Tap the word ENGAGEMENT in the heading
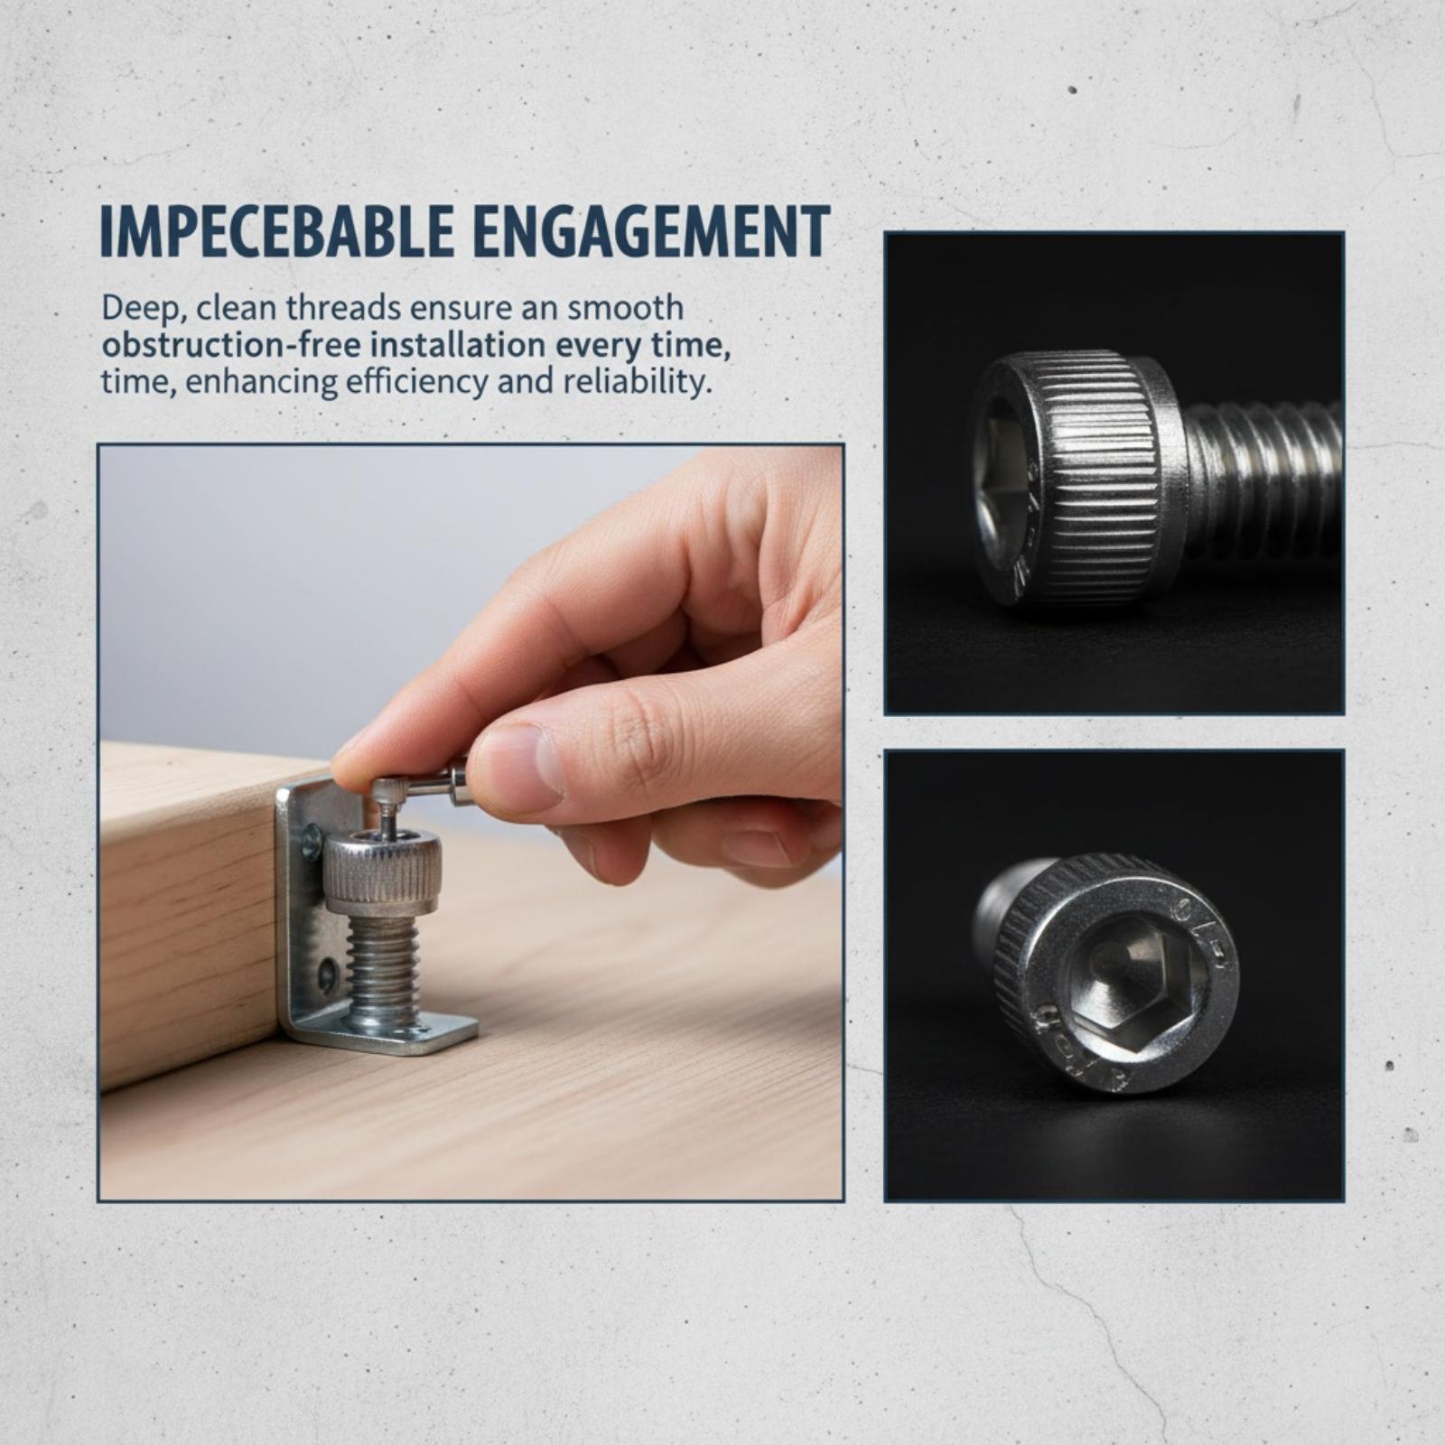[651, 232]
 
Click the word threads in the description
[343, 308]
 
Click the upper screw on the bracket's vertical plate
[311, 842]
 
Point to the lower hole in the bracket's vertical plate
[326, 975]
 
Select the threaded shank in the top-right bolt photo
[1264, 479]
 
